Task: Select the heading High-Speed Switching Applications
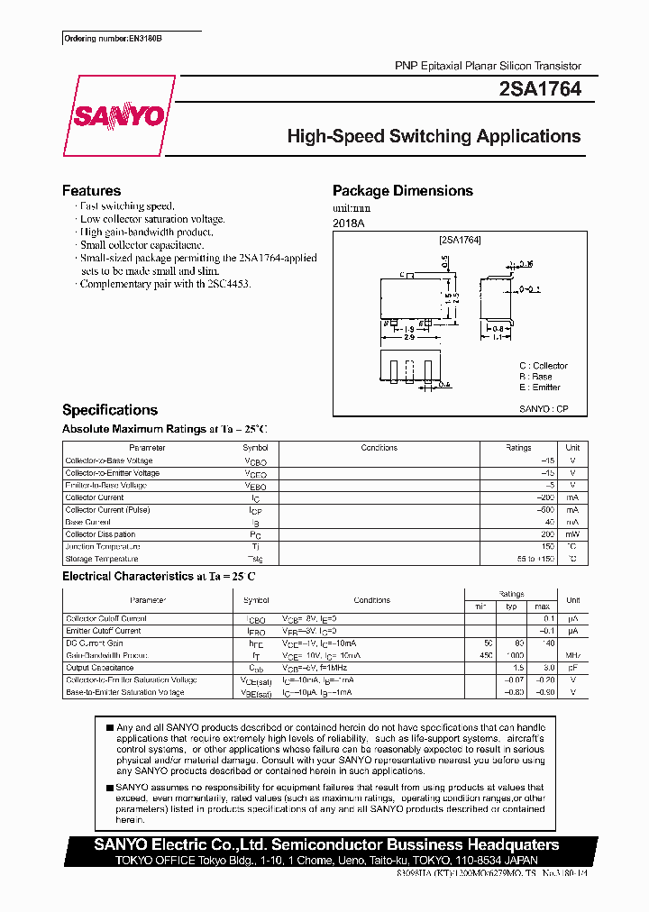click(434, 136)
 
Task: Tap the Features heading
click(91, 190)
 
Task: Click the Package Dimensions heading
click(402, 190)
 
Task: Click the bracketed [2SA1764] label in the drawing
click(460, 241)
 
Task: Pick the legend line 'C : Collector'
click(543, 365)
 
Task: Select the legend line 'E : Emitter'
click(539, 387)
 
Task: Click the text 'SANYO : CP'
click(544, 408)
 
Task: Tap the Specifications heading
click(109, 409)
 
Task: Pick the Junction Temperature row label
click(103, 546)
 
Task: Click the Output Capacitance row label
click(101, 668)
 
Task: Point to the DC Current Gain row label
click(94, 643)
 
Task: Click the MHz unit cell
click(572, 655)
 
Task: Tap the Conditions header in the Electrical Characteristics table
click(371, 600)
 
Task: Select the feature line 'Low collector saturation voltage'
click(151, 219)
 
